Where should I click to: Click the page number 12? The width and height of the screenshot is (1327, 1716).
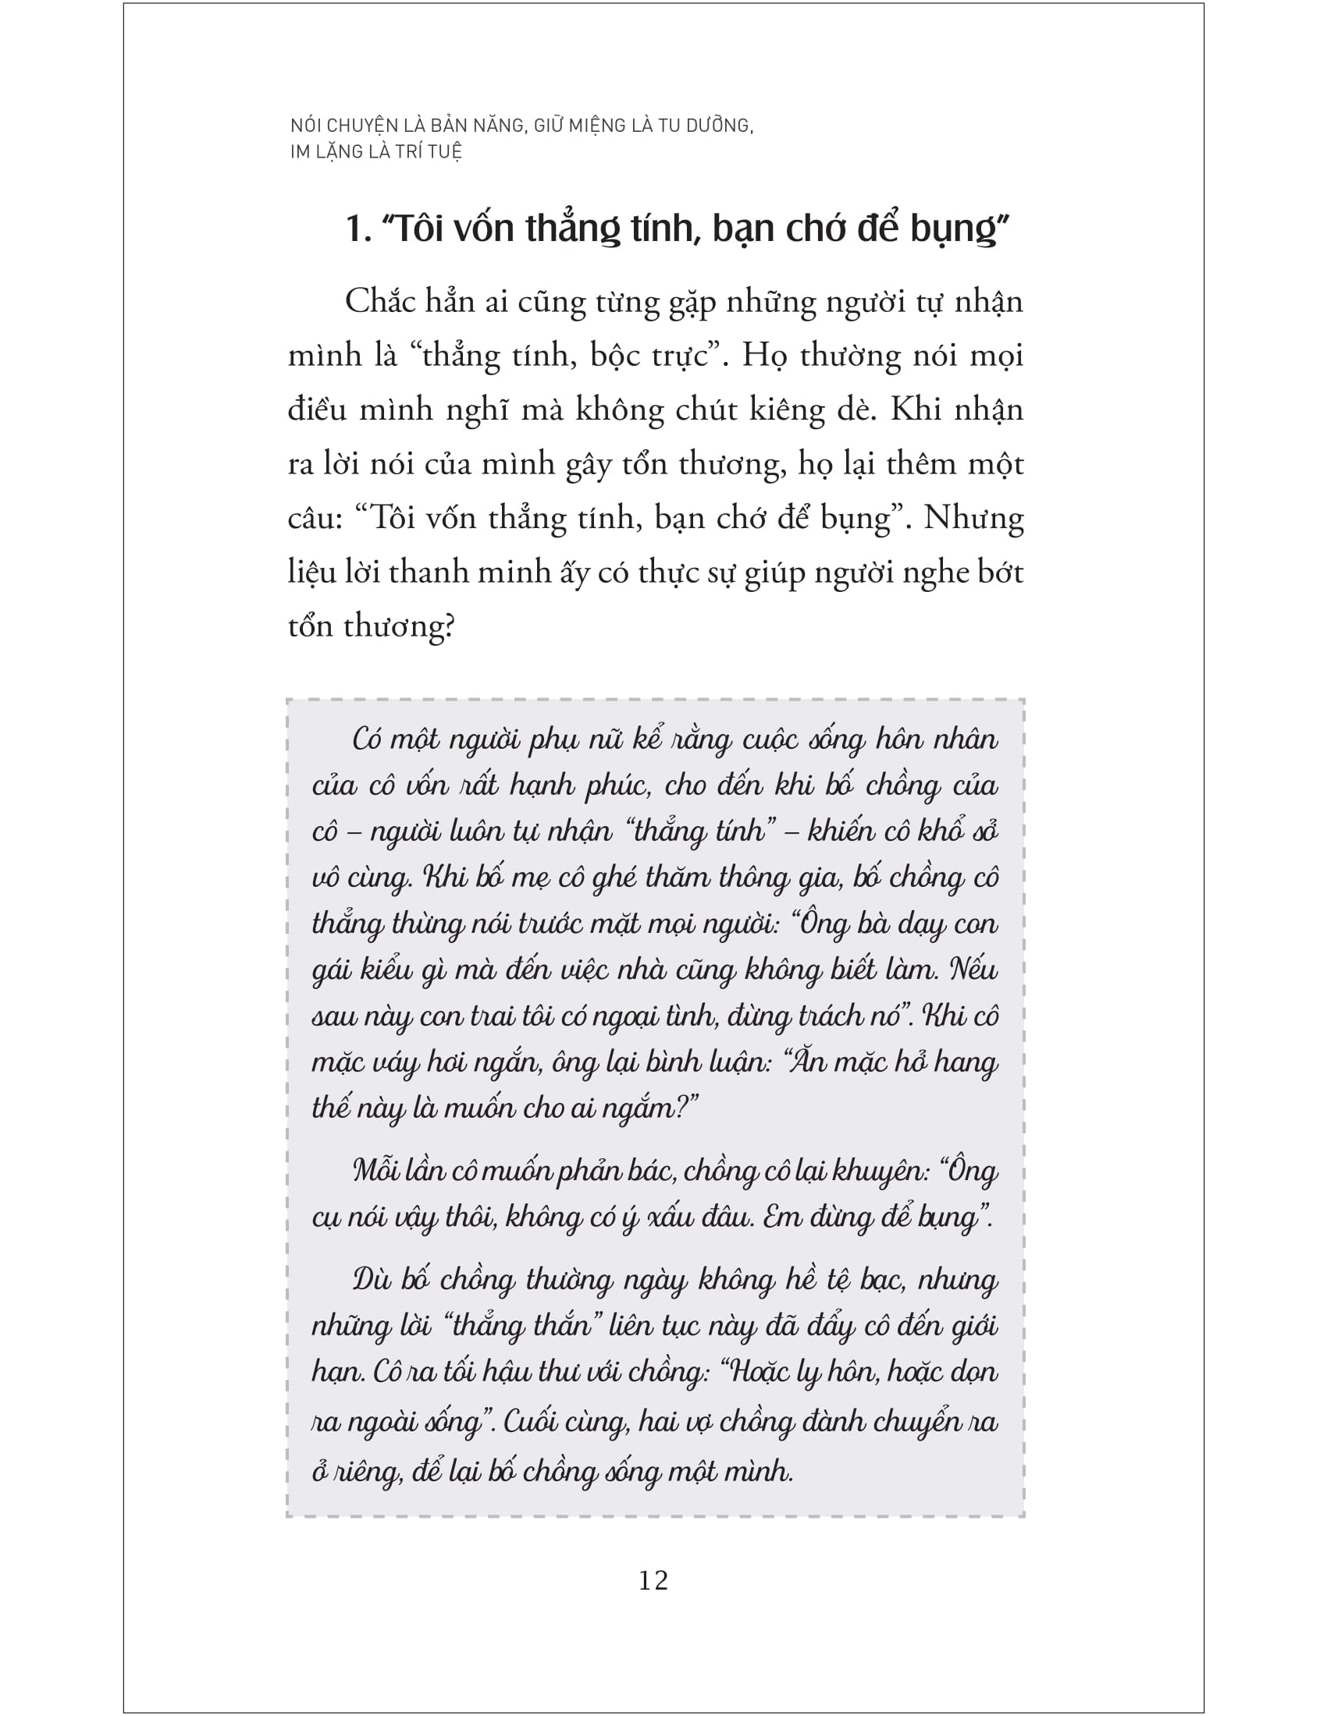coord(653,1580)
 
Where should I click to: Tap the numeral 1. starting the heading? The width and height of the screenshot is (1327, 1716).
coord(358,229)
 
